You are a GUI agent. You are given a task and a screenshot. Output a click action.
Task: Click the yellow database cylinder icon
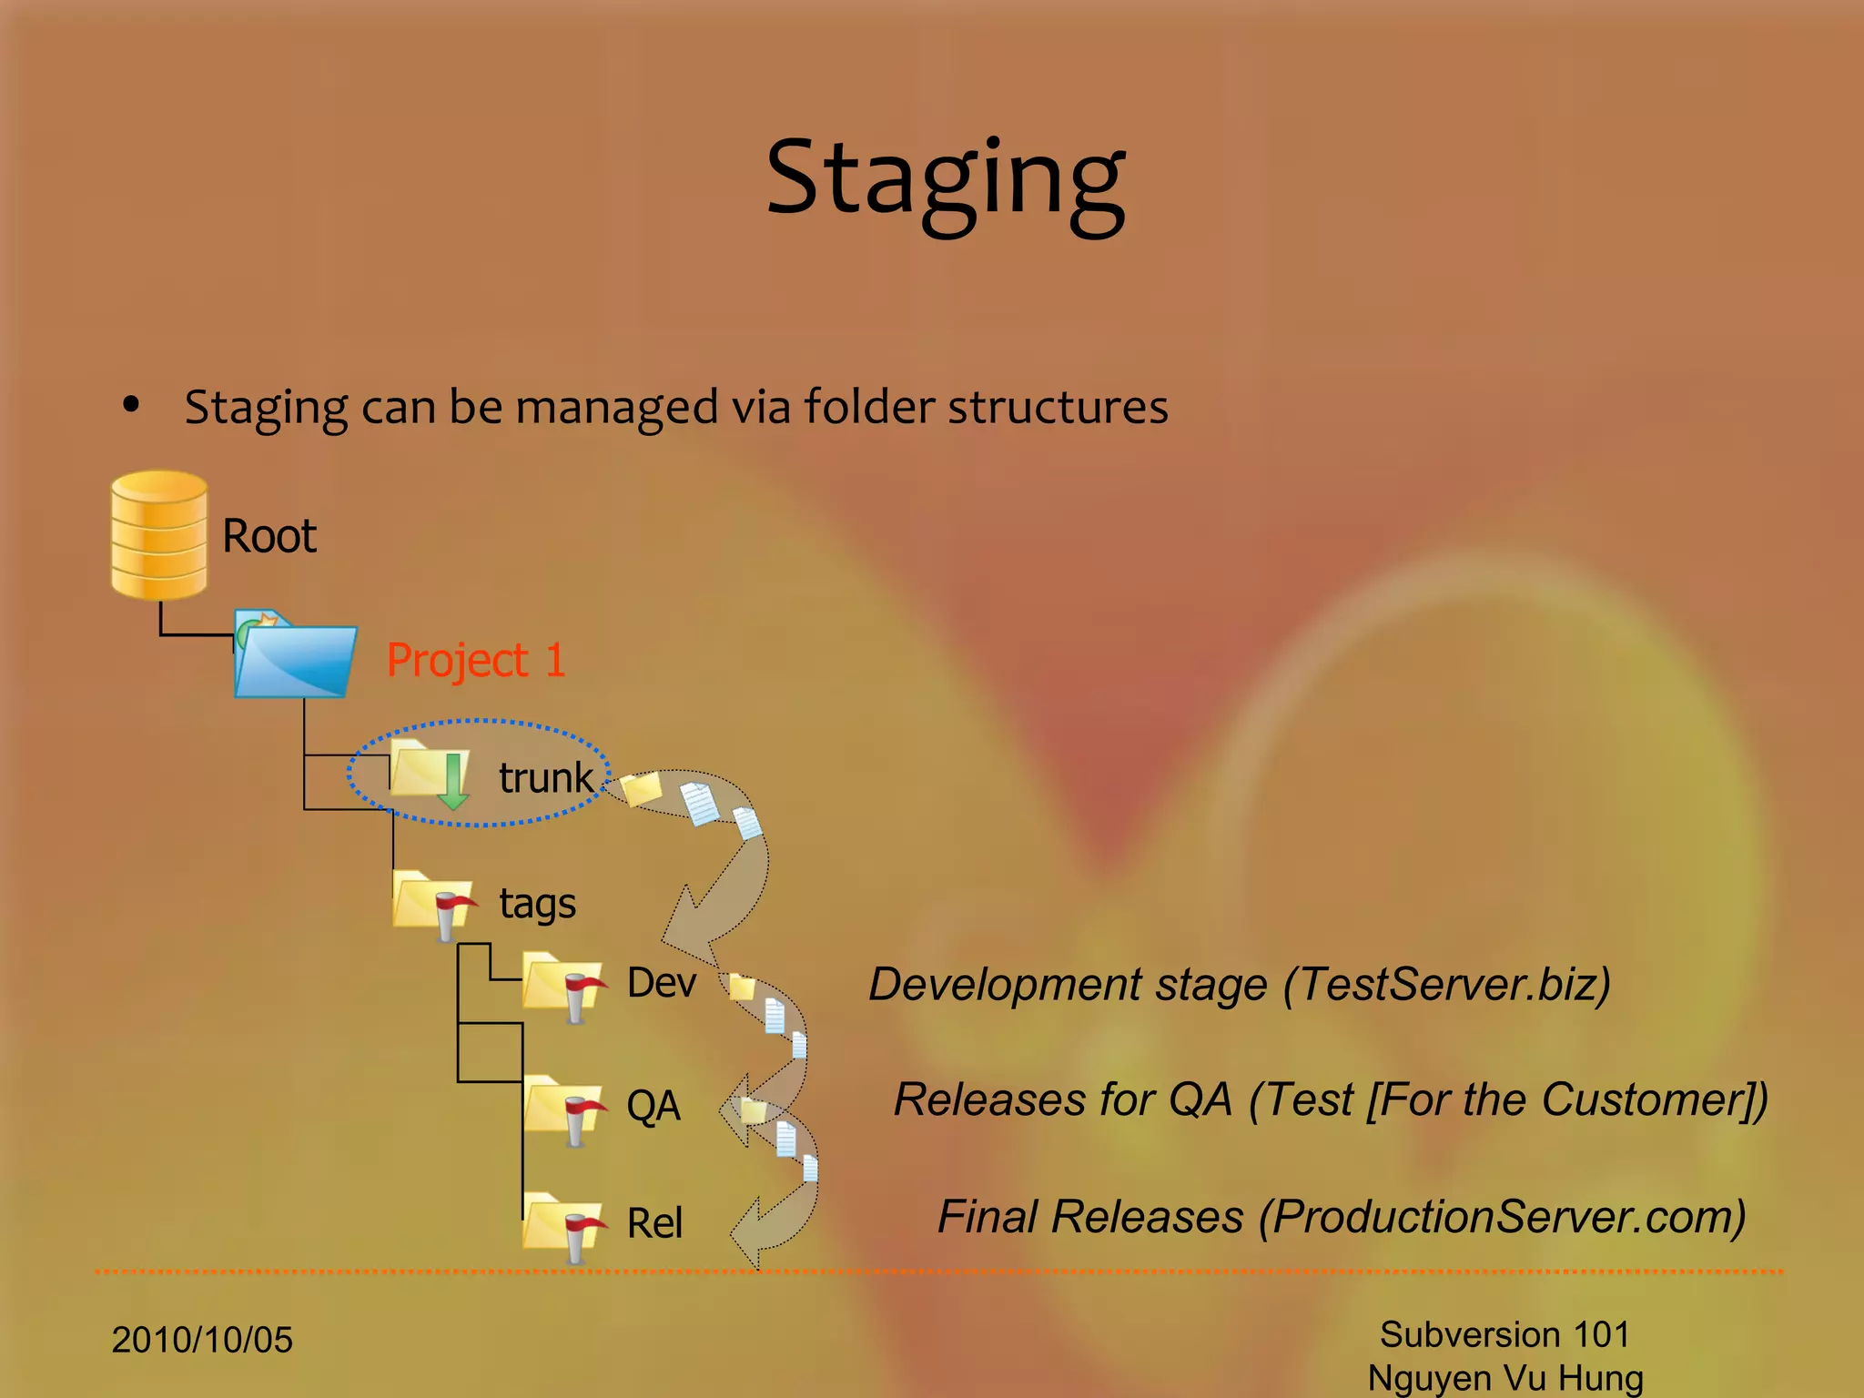[x=159, y=535]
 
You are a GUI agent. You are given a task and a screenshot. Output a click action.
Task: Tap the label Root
[x=269, y=536]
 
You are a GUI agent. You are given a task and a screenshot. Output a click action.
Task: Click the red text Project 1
[x=476, y=660]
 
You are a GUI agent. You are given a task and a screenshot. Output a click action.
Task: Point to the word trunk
[x=546, y=778]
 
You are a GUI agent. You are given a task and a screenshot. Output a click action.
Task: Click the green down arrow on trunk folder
[x=452, y=781]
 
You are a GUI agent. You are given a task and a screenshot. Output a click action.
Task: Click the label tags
[x=538, y=904]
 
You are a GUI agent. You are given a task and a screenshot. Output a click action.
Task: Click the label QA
[x=653, y=1106]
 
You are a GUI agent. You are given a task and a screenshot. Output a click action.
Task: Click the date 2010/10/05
[x=202, y=1340]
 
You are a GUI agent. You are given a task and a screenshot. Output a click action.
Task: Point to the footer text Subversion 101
[x=1504, y=1334]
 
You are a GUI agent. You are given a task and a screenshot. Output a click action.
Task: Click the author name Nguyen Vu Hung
[x=1505, y=1378]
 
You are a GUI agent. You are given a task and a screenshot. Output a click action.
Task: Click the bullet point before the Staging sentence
[x=132, y=405]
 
